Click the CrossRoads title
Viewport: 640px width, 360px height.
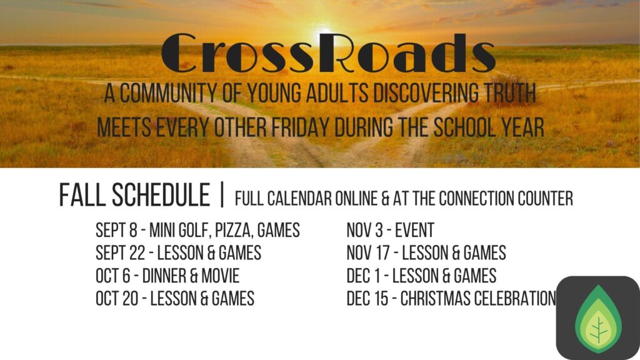click(x=329, y=53)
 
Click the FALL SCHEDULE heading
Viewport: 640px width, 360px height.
click(x=135, y=195)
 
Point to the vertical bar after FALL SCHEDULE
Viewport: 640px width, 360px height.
click(x=222, y=195)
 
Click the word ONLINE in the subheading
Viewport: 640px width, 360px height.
click(x=356, y=198)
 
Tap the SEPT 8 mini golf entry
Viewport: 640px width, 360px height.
click(x=197, y=230)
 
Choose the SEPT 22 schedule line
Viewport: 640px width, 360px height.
click(x=178, y=252)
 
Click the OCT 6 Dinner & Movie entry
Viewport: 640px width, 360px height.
click(x=167, y=276)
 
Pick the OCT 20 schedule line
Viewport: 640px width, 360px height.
click(x=175, y=298)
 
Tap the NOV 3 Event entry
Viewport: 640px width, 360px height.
click(x=390, y=230)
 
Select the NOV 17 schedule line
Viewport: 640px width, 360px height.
click(x=426, y=252)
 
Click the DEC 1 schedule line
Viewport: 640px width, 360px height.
click(x=421, y=276)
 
